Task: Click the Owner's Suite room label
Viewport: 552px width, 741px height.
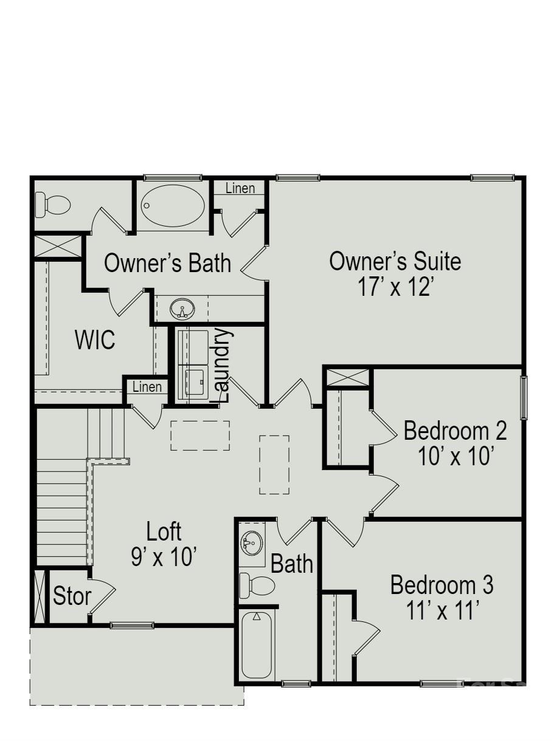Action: pyautogui.click(x=395, y=261)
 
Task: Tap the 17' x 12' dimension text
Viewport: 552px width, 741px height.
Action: pyautogui.click(x=395, y=286)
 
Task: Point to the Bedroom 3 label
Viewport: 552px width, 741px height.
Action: pyautogui.click(x=442, y=586)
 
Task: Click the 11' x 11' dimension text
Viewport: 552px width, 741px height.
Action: pyautogui.click(x=442, y=610)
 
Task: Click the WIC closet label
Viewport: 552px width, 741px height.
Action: pyautogui.click(x=95, y=340)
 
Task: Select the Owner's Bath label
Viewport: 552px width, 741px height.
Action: pyautogui.click(x=168, y=264)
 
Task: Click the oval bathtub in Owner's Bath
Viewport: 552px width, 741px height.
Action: pyautogui.click(x=173, y=205)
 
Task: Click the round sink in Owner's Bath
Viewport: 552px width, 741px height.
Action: pyautogui.click(x=182, y=310)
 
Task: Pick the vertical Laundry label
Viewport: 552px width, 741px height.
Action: pyautogui.click(x=224, y=365)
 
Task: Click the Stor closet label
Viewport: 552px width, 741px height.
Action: pyautogui.click(x=72, y=596)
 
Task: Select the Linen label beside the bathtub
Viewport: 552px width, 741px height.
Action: pyautogui.click(x=240, y=188)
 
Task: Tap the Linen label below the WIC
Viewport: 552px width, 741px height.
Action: pyautogui.click(x=147, y=387)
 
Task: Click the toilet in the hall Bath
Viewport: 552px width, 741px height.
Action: pyautogui.click(x=255, y=586)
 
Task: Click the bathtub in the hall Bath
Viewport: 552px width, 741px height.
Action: pyautogui.click(x=257, y=645)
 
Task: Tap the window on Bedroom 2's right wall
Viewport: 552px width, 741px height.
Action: pyautogui.click(x=523, y=397)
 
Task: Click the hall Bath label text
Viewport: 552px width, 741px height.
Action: pyautogui.click(x=292, y=564)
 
